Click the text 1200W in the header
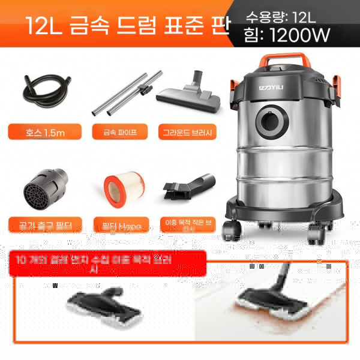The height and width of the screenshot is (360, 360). pyautogui.click(x=300, y=35)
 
